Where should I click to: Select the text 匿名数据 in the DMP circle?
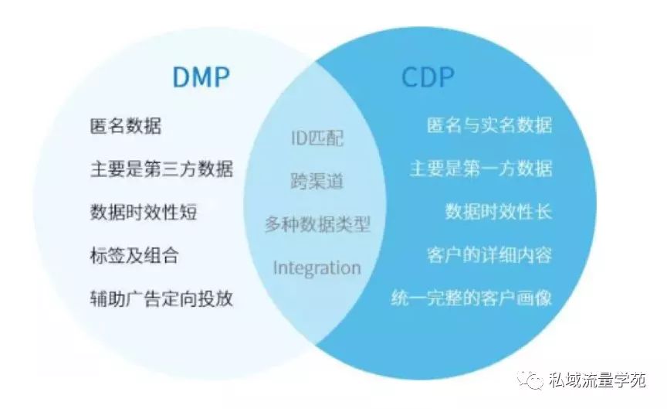tap(126, 126)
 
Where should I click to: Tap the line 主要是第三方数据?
tap(161, 169)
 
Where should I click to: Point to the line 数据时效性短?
tap(144, 211)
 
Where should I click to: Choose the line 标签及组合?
tap(134, 254)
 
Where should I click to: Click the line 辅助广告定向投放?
tap(161, 298)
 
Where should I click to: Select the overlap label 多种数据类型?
tap(317, 225)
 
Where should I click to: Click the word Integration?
tap(317, 268)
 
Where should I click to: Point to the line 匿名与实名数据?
tap(489, 126)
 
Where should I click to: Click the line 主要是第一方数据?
tap(481, 169)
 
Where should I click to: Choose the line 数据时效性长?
tap(499, 211)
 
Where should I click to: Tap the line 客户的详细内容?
tap(489, 254)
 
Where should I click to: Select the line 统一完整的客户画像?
tap(472, 298)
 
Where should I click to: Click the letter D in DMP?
tap(180, 78)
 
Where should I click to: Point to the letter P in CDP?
tap(446, 78)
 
